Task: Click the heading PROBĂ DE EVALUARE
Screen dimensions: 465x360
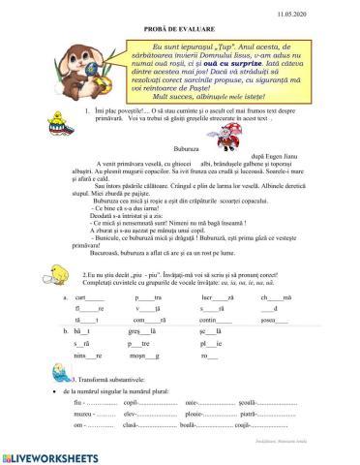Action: [181, 26]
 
